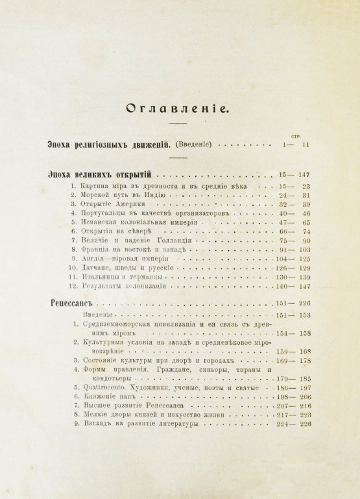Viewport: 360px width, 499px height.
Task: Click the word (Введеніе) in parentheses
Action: point(193,145)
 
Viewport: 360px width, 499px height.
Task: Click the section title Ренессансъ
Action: point(73,303)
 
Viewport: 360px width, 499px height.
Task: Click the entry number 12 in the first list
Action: point(74,285)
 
